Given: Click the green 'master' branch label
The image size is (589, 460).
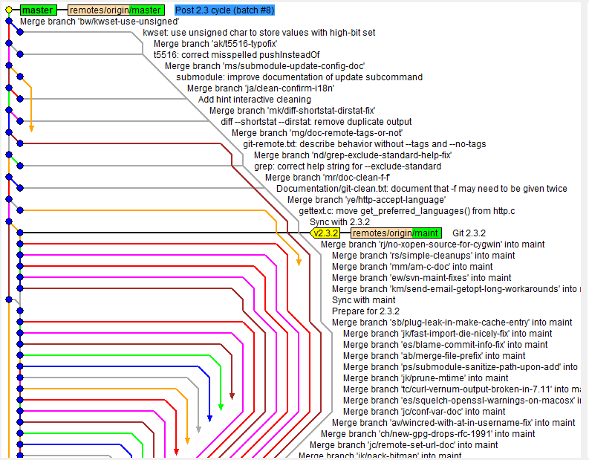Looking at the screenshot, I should [x=38, y=10].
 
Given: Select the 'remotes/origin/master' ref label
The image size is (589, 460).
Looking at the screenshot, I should [x=116, y=10].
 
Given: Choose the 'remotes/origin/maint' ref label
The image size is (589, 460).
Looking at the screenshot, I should [x=395, y=233].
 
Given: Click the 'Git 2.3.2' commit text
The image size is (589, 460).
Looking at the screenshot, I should [x=469, y=233].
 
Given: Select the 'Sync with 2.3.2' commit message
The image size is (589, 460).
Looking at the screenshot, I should [x=339, y=222].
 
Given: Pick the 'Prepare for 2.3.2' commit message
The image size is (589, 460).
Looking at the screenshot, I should [x=365, y=311].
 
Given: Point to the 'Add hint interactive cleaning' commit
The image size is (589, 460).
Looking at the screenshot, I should [x=254, y=100].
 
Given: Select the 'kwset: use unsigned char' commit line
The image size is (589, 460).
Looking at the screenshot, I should [x=258, y=33].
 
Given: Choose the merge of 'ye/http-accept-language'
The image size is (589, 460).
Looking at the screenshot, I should [x=366, y=200].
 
